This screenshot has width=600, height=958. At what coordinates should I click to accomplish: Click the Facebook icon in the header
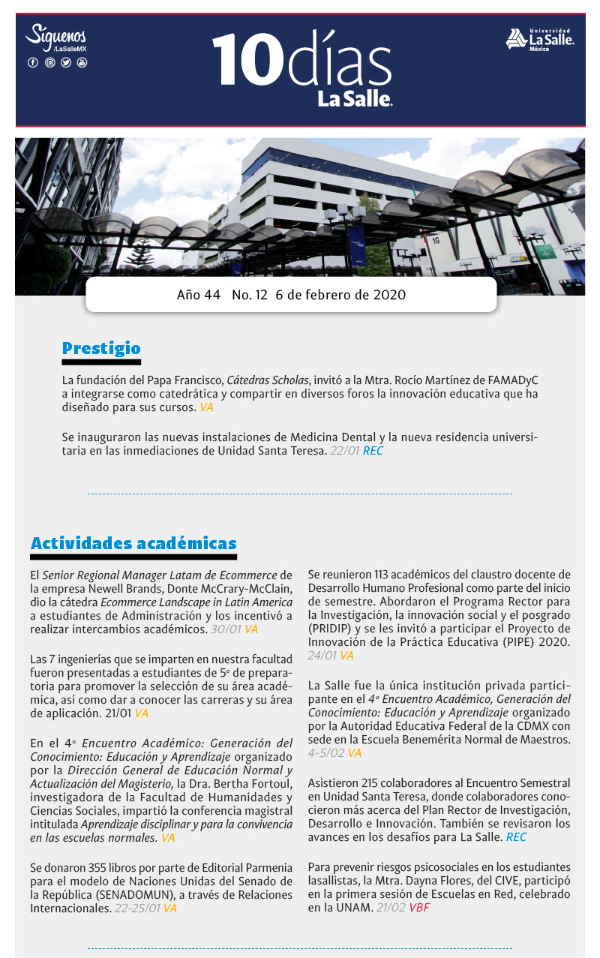point(32,62)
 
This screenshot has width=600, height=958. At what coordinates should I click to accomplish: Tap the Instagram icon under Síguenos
point(49,62)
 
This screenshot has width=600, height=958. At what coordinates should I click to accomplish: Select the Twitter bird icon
point(66,62)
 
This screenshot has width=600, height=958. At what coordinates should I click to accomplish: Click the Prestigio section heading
point(101,348)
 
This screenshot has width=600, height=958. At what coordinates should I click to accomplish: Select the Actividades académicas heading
point(133,543)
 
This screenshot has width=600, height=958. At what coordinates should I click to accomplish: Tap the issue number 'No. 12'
point(250,295)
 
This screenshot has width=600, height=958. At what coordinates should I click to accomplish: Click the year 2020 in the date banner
point(389,295)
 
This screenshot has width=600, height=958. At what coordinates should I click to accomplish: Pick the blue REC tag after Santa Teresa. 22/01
point(373,452)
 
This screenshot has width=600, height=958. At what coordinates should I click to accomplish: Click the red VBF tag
point(419,908)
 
